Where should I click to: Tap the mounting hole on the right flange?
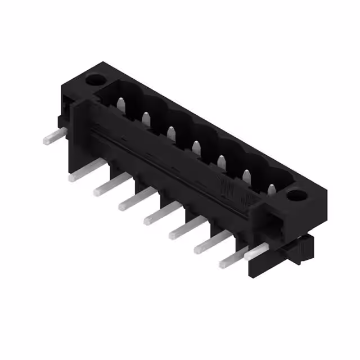click(294, 195)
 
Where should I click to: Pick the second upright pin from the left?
click(146, 118)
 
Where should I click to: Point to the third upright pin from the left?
click(171, 133)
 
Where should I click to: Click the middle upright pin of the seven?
click(196, 147)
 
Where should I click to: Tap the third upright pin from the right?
click(221, 161)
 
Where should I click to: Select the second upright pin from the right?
click(246, 175)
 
